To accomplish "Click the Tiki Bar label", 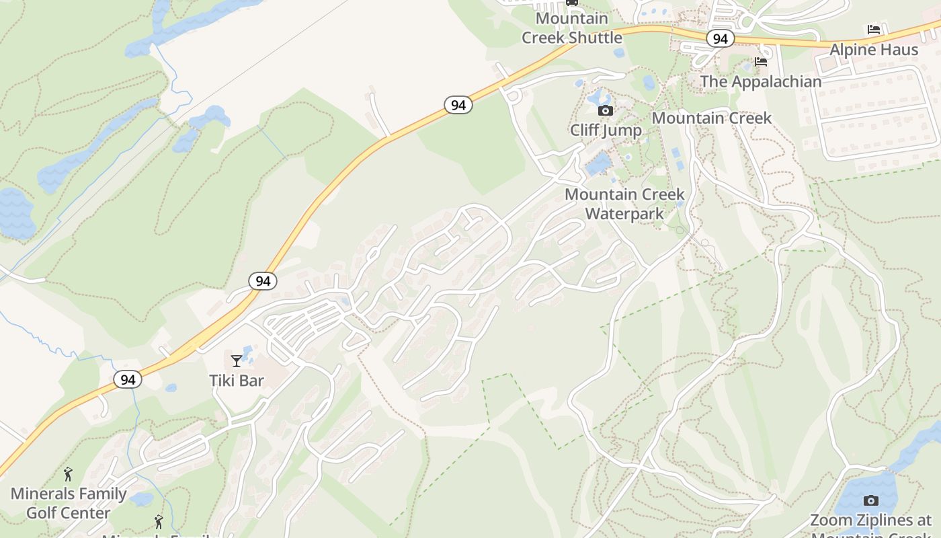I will (x=237, y=381).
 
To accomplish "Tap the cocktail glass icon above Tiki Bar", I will (x=236, y=361).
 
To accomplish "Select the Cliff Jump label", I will (x=606, y=130).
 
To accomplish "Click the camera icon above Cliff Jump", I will (x=606, y=110).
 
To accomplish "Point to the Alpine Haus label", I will (x=874, y=50).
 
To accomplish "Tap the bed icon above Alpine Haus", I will (x=874, y=30).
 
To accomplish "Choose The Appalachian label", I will (x=761, y=81).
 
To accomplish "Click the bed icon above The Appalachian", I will (x=761, y=62).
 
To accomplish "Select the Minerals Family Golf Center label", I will (x=68, y=503).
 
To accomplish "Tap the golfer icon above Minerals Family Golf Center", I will (x=68, y=474).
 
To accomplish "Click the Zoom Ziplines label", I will (x=871, y=521).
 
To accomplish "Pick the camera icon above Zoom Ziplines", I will (x=870, y=500).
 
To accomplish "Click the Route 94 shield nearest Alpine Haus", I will (x=720, y=39).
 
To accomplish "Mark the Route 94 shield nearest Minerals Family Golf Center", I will (x=128, y=379).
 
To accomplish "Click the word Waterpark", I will (x=624, y=214).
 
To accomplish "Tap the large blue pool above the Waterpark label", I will (x=598, y=164).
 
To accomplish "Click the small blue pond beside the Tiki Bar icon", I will (x=247, y=352).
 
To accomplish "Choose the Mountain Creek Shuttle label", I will (x=572, y=28).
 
